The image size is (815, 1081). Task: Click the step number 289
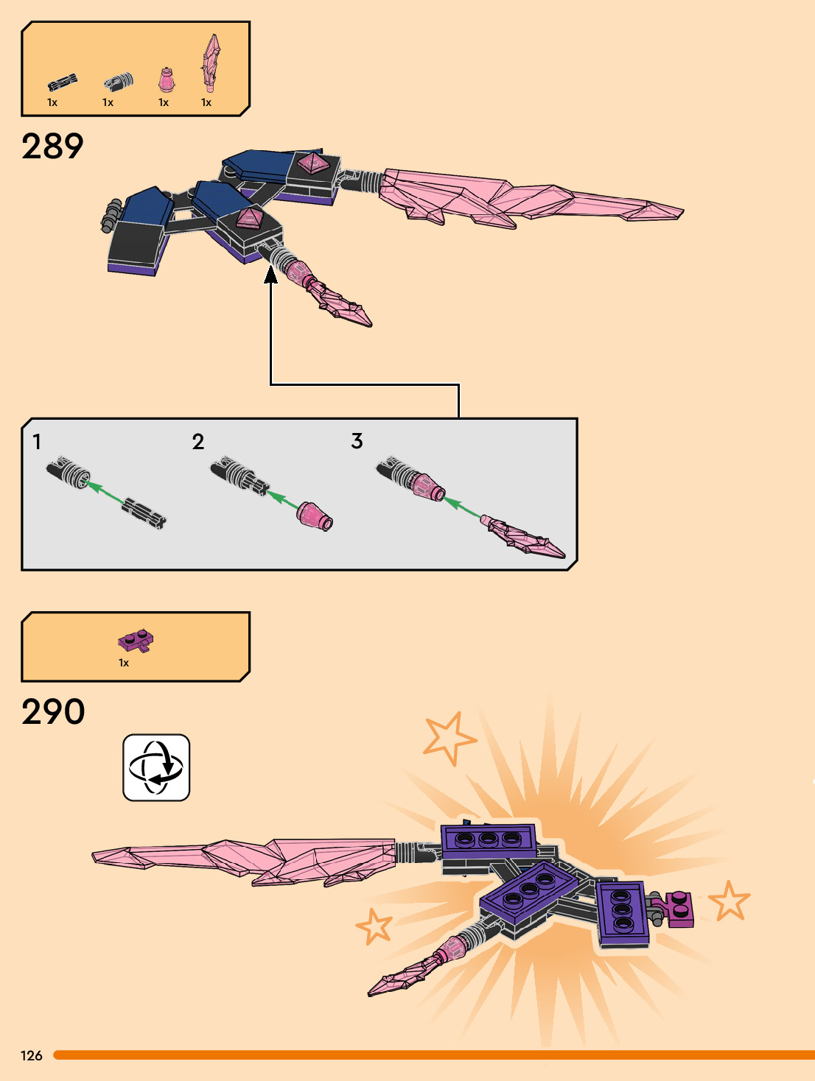click(52, 146)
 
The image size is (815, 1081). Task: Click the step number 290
click(53, 711)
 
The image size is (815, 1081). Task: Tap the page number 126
click(32, 1055)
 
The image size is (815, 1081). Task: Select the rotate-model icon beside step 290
click(156, 767)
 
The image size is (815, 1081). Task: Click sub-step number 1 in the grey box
click(37, 442)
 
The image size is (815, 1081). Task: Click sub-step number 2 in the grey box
click(197, 442)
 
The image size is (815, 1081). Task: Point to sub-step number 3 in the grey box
click(357, 441)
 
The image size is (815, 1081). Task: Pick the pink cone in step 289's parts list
click(167, 80)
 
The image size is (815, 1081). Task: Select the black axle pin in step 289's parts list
click(63, 82)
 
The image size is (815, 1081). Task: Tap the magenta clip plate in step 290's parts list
click(136, 641)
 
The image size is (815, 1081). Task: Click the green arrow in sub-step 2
click(281, 499)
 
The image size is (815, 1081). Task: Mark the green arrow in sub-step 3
click(462, 506)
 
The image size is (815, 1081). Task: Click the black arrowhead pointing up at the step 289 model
click(271, 275)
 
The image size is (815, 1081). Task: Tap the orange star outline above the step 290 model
click(448, 737)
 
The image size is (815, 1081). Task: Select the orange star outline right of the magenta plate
click(729, 901)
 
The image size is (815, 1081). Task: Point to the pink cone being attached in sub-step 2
click(315, 515)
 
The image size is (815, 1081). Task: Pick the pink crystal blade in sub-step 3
click(523, 538)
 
